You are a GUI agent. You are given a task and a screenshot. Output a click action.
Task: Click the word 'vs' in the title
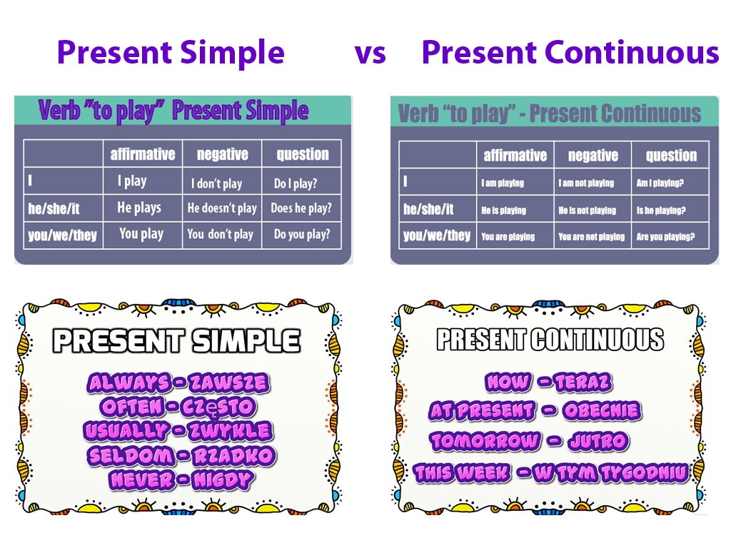click(370, 54)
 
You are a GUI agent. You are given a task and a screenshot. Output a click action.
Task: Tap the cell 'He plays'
click(139, 208)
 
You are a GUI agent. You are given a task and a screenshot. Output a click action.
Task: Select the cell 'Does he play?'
click(301, 208)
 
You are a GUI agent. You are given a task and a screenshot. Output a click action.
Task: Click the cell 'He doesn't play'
click(221, 208)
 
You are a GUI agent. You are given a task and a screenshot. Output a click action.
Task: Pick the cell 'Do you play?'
click(301, 234)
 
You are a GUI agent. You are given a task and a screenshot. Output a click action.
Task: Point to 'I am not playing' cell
click(586, 183)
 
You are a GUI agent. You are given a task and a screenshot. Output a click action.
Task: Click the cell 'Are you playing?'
click(665, 237)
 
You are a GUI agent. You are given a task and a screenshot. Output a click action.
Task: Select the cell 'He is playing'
click(503, 210)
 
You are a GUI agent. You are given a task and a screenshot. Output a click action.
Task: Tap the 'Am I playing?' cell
click(660, 183)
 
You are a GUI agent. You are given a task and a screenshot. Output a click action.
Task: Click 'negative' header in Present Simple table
click(222, 154)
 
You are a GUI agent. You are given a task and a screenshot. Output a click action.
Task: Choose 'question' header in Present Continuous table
click(671, 156)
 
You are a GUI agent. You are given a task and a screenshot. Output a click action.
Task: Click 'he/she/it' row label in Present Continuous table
click(428, 210)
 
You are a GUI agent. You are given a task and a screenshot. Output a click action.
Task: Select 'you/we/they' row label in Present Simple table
click(62, 235)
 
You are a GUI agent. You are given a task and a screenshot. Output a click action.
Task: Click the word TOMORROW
click(485, 441)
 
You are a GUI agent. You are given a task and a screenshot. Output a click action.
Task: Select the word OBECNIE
click(602, 410)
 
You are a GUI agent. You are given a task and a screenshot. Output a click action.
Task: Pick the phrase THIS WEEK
click(462, 472)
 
